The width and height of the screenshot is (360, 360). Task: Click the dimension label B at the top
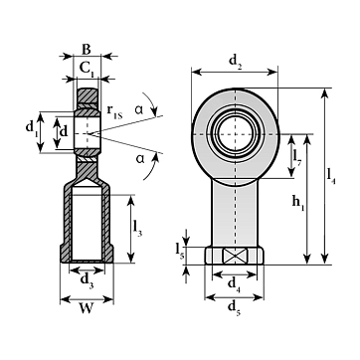click(86, 50)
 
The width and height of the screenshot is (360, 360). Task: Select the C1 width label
click(88, 69)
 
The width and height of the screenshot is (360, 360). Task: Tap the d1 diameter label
click(31, 128)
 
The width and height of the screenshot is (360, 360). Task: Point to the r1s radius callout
click(114, 111)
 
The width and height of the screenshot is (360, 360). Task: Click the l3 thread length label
click(137, 228)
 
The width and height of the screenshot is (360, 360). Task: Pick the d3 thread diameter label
click(88, 281)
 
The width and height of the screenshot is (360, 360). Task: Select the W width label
click(87, 309)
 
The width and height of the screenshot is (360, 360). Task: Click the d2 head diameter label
click(236, 62)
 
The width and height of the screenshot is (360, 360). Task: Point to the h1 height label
click(298, 203)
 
